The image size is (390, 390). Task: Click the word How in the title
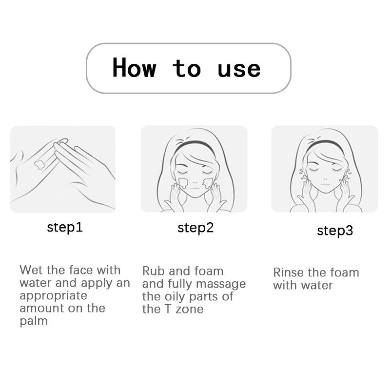[135, 68]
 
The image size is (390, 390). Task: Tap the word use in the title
[239, 69]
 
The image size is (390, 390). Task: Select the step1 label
[65, 228]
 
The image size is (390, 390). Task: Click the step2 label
[195, 228]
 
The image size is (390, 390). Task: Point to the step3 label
[335, 231]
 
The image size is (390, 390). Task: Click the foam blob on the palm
[40, 164]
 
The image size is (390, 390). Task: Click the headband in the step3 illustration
[325, 145]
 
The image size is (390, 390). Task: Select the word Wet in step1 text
[31, 270]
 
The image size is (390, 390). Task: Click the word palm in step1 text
[34, 321]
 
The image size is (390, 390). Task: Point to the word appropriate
[53, 296]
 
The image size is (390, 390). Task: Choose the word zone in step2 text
[190, 309]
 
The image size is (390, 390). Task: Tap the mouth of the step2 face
[195, 189]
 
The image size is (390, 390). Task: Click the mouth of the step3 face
[325, 185]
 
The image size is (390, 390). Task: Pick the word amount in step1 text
[41, 309]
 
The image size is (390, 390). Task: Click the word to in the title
[187, 68]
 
